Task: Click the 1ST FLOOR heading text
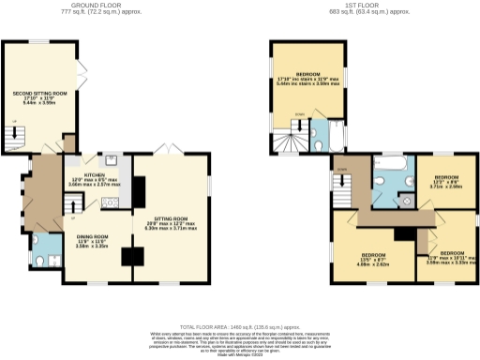coord(359,6)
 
